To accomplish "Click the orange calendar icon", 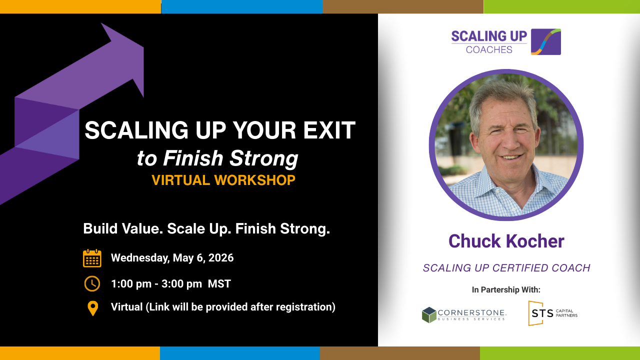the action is (x=92, y=258).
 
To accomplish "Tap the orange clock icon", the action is (x=92, y=283).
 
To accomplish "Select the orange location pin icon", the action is (x=92, y=308).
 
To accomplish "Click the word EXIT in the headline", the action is (x=329, y=130).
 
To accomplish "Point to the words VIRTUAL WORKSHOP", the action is (x=223, y=180).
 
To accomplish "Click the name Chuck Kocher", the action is (x=506, y=241).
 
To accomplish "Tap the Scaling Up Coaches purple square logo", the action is (x=545, y=41).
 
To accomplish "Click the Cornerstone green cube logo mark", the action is (x=429, y=315).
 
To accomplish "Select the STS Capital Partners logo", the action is (x=552, y=313).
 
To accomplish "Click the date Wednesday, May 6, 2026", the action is (x=172, y=257).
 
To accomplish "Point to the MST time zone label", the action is (x=219, y=283).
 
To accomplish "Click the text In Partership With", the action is (x=506, y=289).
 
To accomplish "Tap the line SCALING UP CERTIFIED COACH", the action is (x=506, y=268).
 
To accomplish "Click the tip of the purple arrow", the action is (x=143, y=47).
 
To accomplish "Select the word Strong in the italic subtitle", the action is (x=263, y=158).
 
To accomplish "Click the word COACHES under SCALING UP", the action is (x=489, y=49).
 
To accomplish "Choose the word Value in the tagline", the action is (x=142, y=228).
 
